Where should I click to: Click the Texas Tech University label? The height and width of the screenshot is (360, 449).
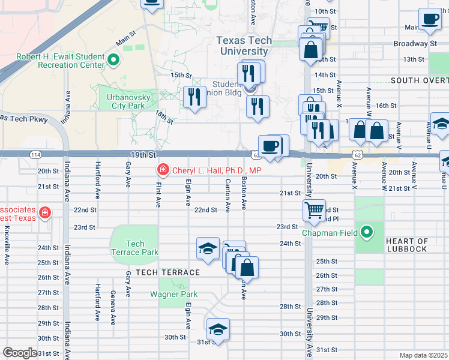pyautogui.click(x=244, y=46)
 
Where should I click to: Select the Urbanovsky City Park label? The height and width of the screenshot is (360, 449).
pyautogui.click(x=126, y=101)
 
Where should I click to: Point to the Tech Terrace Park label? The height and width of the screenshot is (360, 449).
pyautogui.click(x=135, y=248)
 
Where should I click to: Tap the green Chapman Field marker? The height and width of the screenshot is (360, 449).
pyautogui.click(x=366, y=232)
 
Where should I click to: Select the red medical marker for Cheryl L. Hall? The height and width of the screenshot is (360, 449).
pyautogui.click(x=162, y=170)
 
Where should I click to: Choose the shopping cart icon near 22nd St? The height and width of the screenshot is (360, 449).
pyautogui.click(x=314, y=211)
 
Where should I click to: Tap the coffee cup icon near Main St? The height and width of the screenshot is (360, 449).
pyautogui.click(x=429, y=20)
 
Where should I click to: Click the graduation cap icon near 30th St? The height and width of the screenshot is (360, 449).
pyautogui.click(x=217, y=329)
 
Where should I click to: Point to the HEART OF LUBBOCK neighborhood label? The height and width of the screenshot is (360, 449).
pyautogui.click(x=406, y=245)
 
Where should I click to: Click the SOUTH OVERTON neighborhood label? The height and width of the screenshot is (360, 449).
pyautogui.click(x=419, y=80)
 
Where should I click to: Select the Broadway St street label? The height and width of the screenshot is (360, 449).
pyautogui.click(x=415, y=44)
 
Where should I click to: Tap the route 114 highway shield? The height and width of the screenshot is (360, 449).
pyautogui.click(x=35, y=155)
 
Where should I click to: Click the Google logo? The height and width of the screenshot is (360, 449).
pyautogui.click(x=20, y=353)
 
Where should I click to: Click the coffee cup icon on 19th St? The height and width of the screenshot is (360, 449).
pyautogui.click(x=270, y=145)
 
